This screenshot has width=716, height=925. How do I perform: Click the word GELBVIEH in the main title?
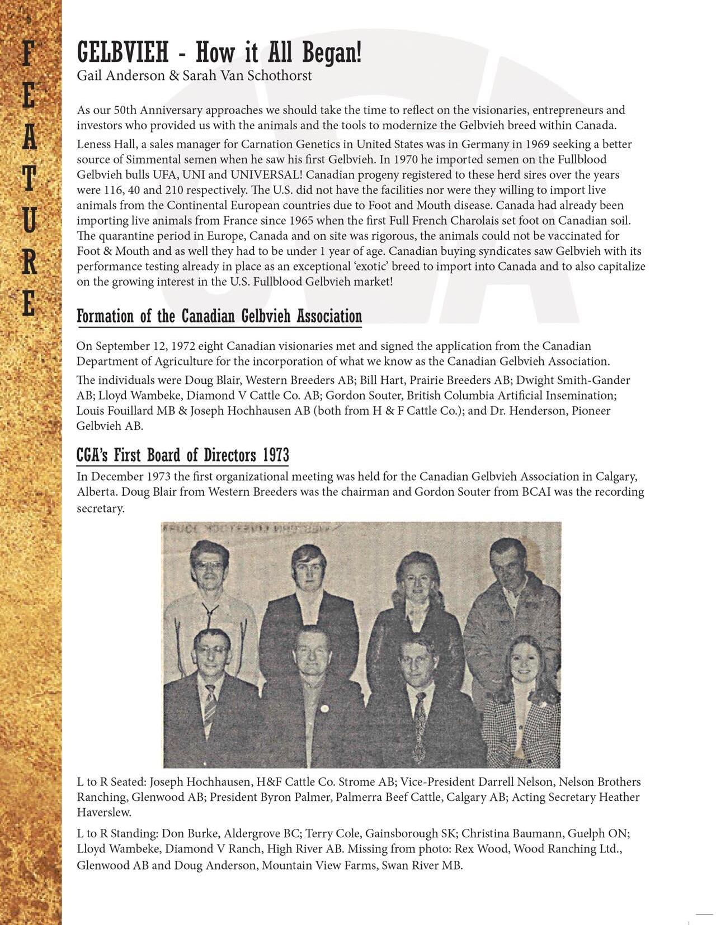pos(123,54)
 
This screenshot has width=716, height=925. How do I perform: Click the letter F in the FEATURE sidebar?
pos(29,55)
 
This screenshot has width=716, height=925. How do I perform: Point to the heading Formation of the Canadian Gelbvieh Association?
pos(219,316)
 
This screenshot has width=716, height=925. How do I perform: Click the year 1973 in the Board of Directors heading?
pos(276,456)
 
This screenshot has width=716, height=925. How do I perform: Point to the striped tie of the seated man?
pos(210,707)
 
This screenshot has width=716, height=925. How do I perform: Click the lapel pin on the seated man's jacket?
pos(324,709)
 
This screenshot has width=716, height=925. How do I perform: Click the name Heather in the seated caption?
pos(619,797)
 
